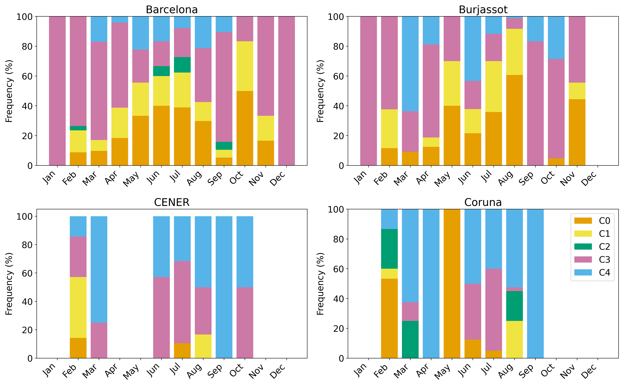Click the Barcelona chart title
point(172,10)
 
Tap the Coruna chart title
point(483,202)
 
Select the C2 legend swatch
point(583,246)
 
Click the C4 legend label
point(604,273)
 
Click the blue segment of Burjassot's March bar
point(410,64)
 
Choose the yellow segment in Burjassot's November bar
point(577,91)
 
